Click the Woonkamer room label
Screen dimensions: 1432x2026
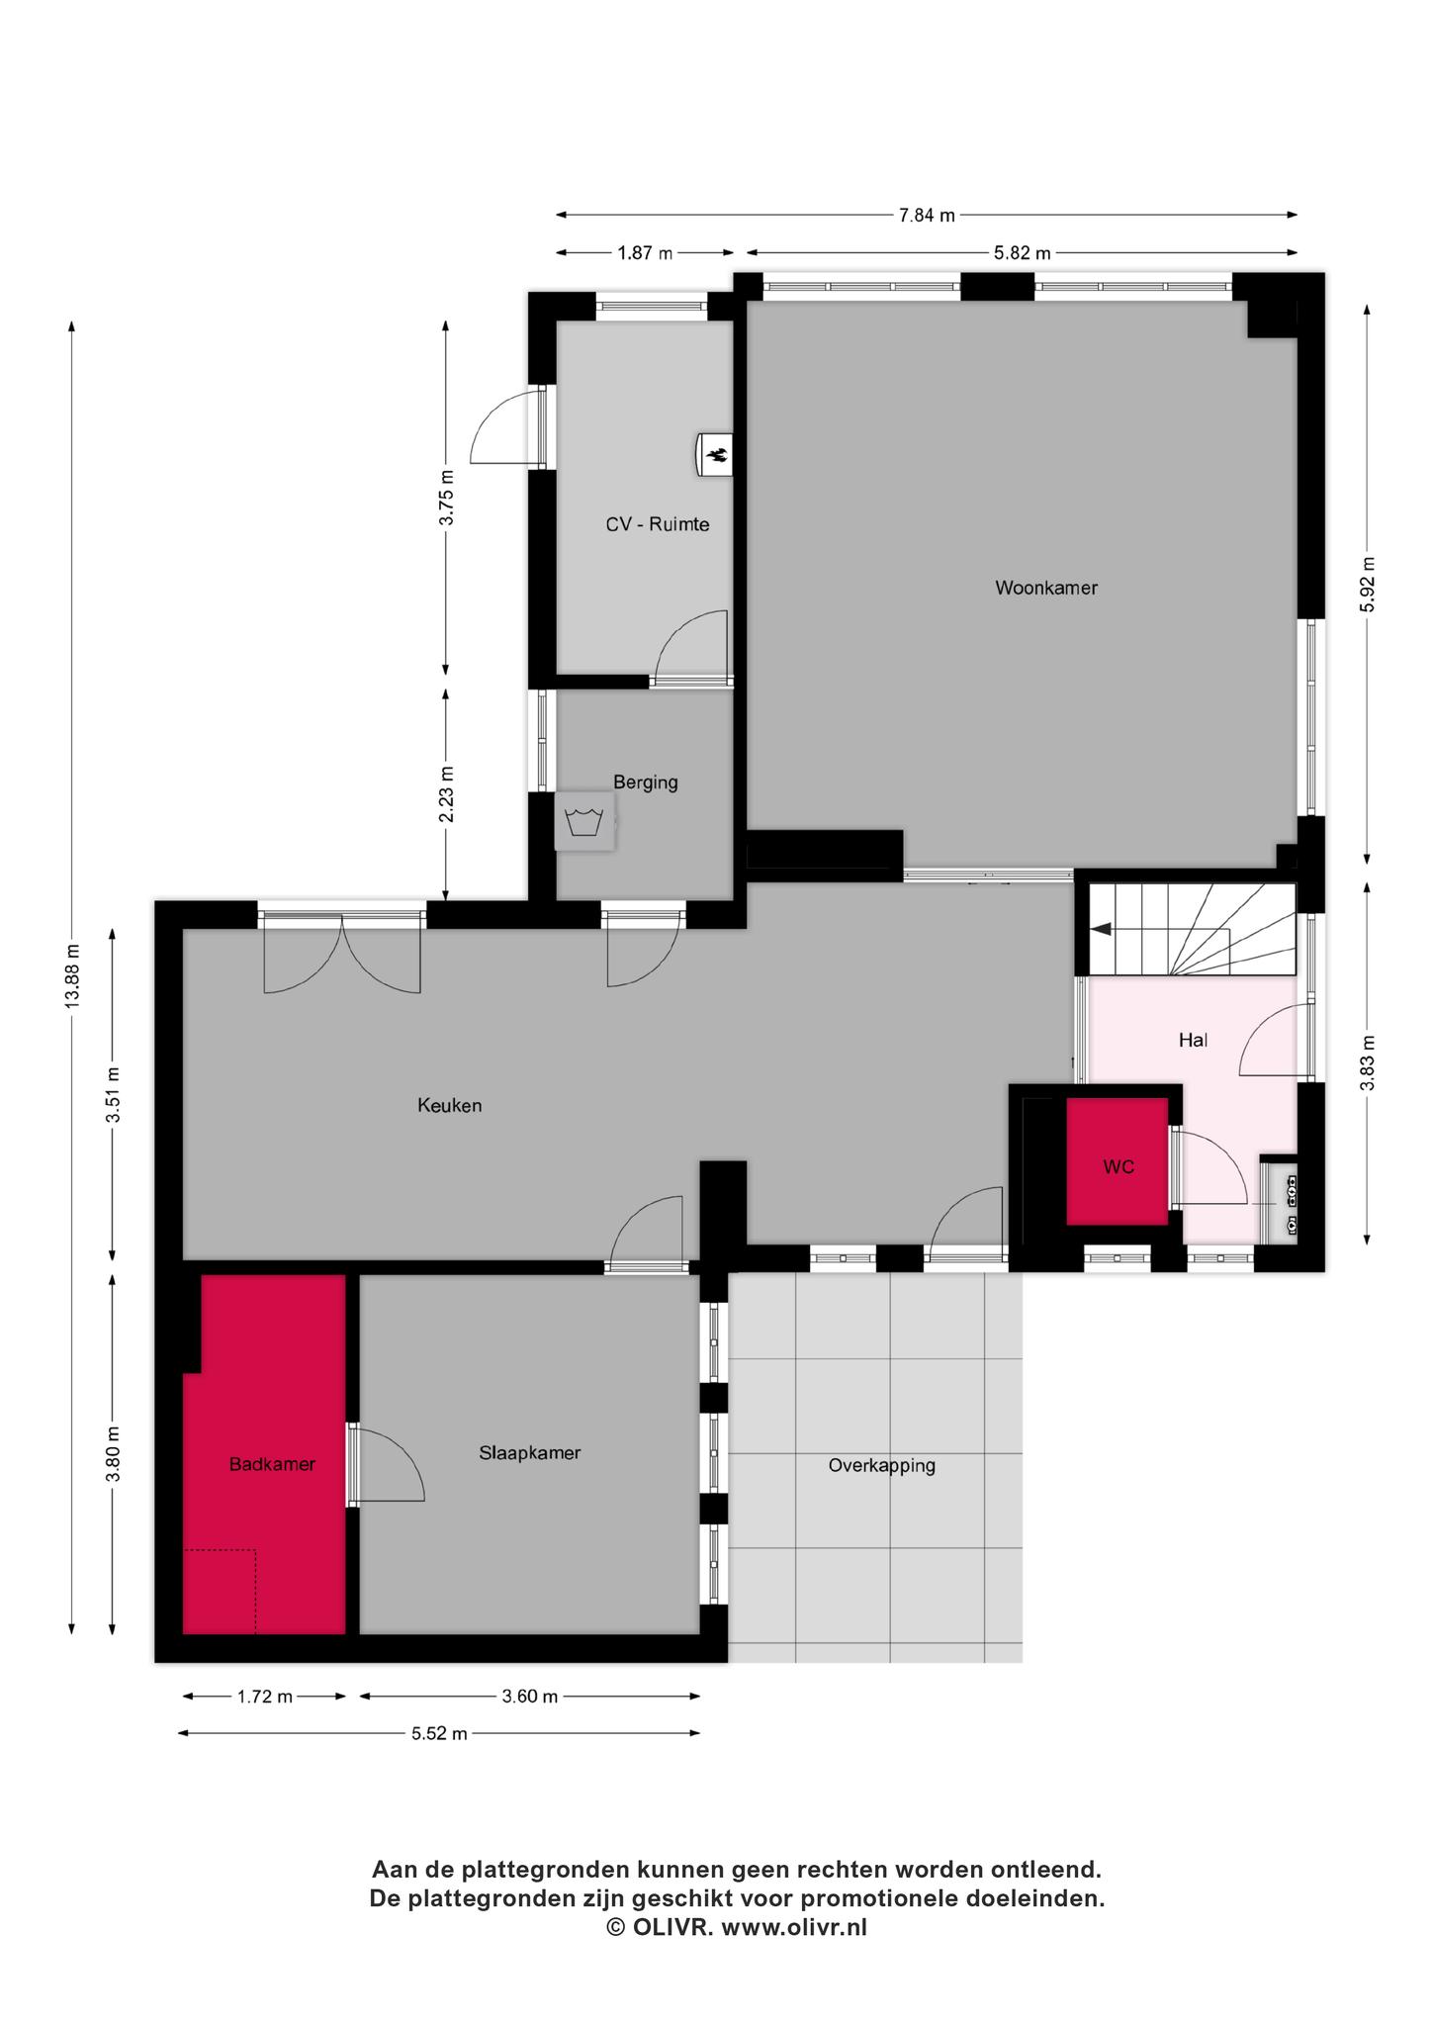1045,588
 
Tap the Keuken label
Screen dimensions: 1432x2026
449,1105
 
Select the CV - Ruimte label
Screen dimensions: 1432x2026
658,524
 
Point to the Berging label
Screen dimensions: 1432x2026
646,783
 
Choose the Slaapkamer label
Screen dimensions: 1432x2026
529,1453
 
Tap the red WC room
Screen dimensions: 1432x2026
1118,1161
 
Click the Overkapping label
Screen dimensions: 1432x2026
882,1466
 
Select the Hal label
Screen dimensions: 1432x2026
1193,1040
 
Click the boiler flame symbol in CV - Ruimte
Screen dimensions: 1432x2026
715,455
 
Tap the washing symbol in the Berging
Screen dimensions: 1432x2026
584,821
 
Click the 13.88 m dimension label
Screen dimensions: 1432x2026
72,976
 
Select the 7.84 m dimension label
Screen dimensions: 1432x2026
927,215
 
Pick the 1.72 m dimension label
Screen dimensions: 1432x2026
264,1697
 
